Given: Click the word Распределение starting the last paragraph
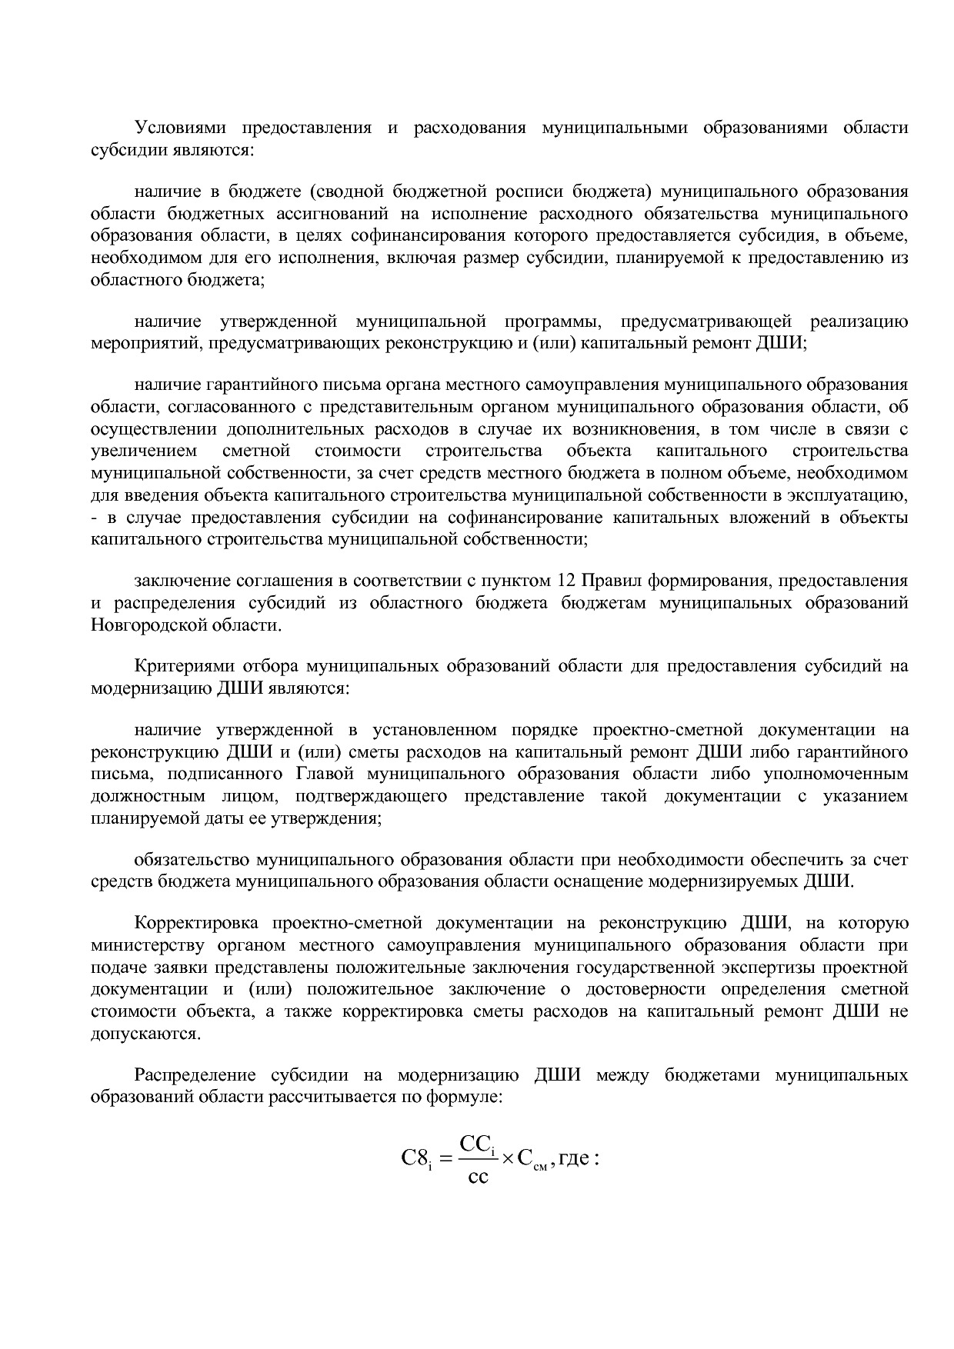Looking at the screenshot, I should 195,1074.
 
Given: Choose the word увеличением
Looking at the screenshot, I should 142,450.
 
